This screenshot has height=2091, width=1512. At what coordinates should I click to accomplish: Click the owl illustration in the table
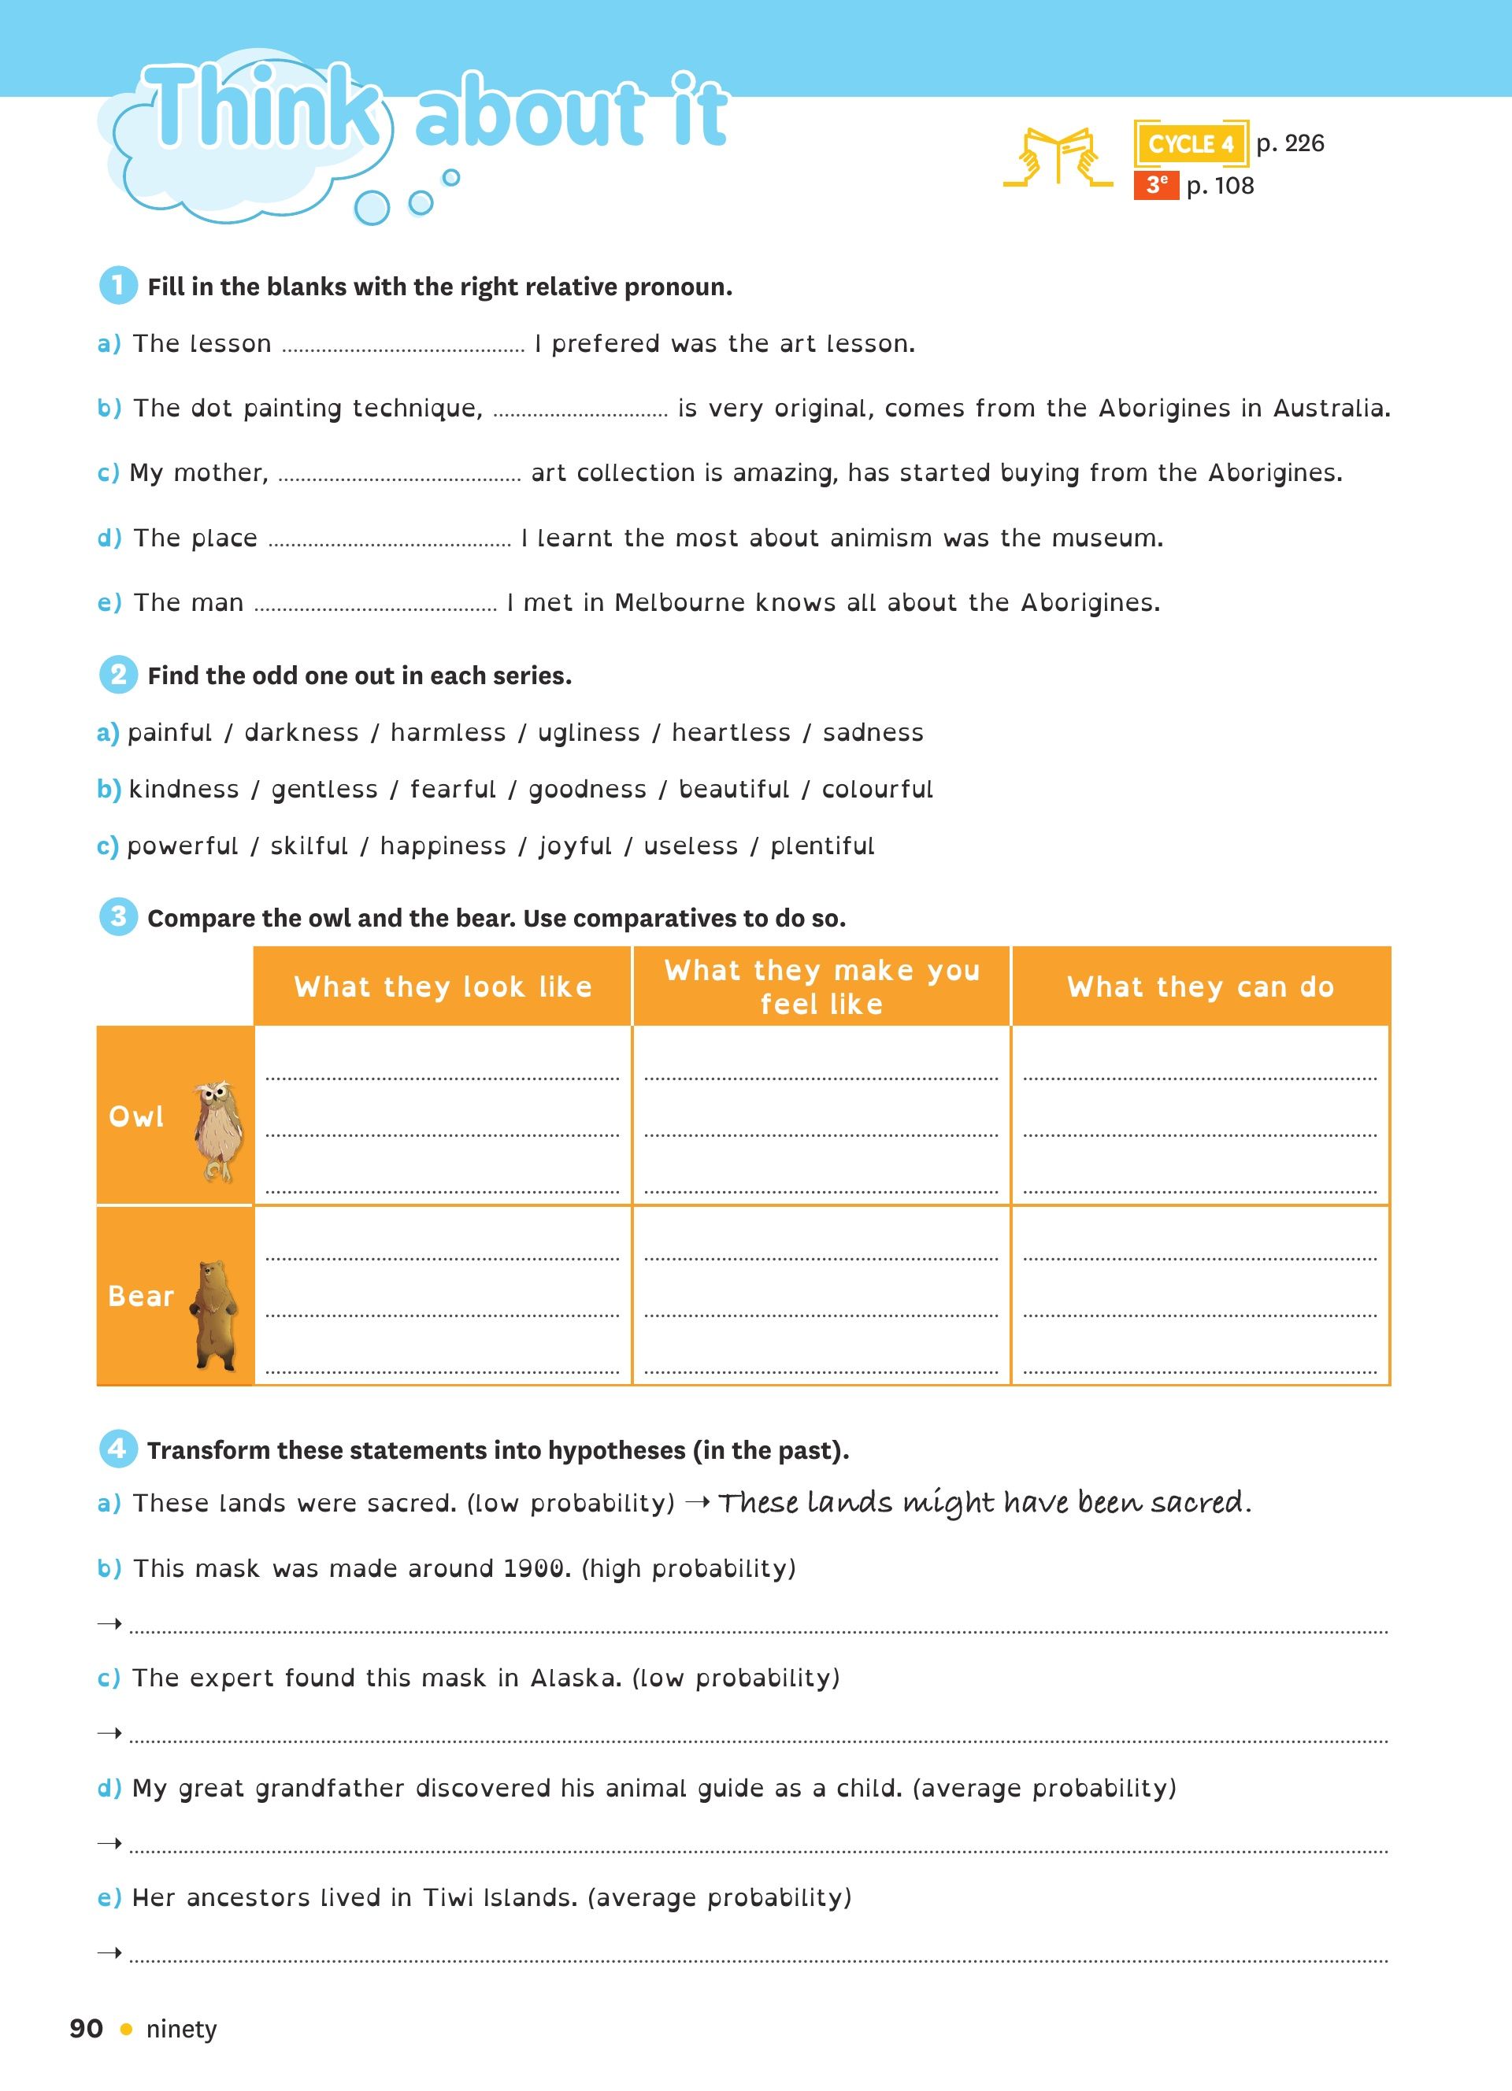[x=218, y=1131]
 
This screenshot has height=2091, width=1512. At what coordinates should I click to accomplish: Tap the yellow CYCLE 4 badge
[x=1190, y=144]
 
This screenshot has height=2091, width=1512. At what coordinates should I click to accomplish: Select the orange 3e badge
[x=1156, y=185]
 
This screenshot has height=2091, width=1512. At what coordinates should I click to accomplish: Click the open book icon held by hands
[x=1058, y=157]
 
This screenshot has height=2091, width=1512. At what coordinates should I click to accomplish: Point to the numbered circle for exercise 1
[x=118, y=286]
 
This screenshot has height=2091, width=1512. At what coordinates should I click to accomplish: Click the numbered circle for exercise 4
[x=118, y=1449]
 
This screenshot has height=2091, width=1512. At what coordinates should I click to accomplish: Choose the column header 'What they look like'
[x=443, y=986]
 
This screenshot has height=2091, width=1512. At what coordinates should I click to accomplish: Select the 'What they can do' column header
[x=1200, y=986]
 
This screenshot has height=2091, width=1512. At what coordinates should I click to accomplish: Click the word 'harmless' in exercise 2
[x=448, y=732]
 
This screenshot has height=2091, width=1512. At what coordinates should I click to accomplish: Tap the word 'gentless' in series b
[x=324, y=789]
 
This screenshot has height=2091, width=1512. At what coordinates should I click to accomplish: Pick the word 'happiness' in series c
[x=443, y=846]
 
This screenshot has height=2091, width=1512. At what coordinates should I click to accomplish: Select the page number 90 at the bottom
[x=86, y=2028]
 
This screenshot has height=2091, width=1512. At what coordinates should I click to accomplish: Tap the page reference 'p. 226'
[x=1290, y=143]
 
